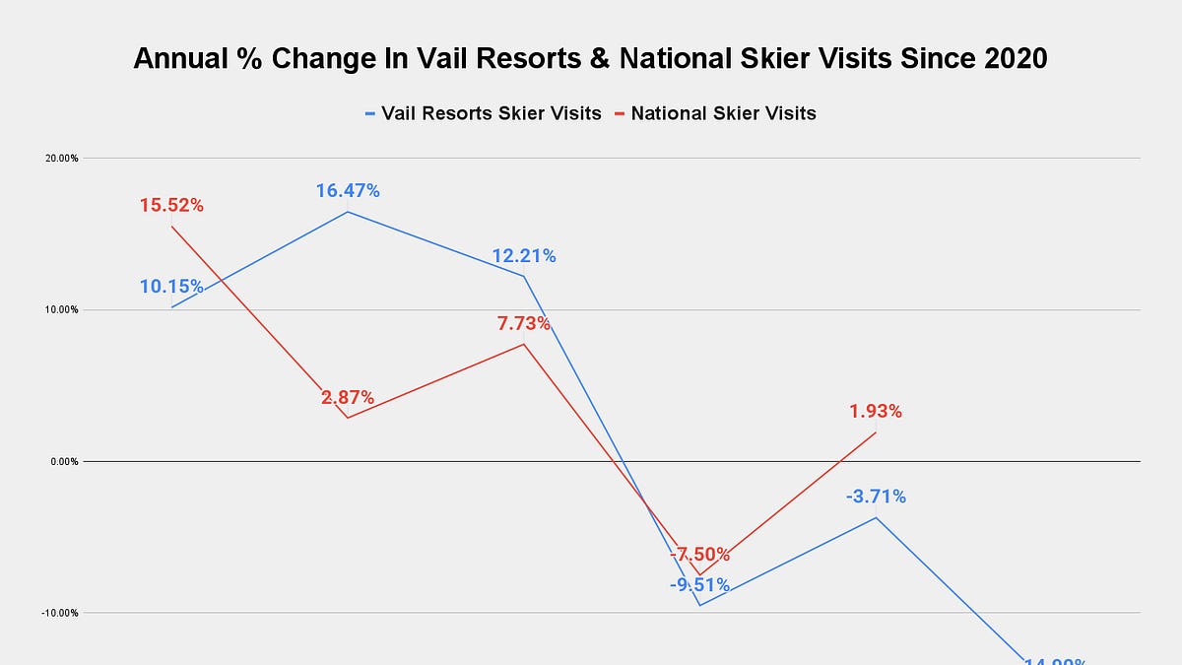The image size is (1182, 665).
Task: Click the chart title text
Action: pos(590,59)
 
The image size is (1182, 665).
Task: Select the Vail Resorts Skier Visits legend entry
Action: pos(483,113)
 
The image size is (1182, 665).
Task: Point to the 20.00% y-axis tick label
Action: pos(63,158)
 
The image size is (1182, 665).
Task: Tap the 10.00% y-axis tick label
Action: pos(63,309)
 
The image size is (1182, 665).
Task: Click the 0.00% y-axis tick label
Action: pos(65,461)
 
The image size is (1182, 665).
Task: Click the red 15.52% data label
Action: pos(171,206)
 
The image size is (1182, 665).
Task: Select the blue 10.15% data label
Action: pos(171,287)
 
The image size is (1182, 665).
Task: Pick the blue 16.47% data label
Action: pos(348,190)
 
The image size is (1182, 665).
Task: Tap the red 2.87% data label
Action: pos(348,398)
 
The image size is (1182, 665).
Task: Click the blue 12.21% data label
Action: pos(524,256)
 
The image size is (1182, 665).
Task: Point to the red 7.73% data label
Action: pos(523,323)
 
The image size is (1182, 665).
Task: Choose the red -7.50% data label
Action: pos(699,554)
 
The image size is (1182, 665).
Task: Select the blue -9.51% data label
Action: pos(699,585)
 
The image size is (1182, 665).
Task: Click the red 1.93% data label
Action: pos(876,411)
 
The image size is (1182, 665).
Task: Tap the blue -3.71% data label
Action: pos(876,497)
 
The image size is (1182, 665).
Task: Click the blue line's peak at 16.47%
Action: pos(348,212)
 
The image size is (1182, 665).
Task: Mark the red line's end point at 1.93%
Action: pos(876,432)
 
